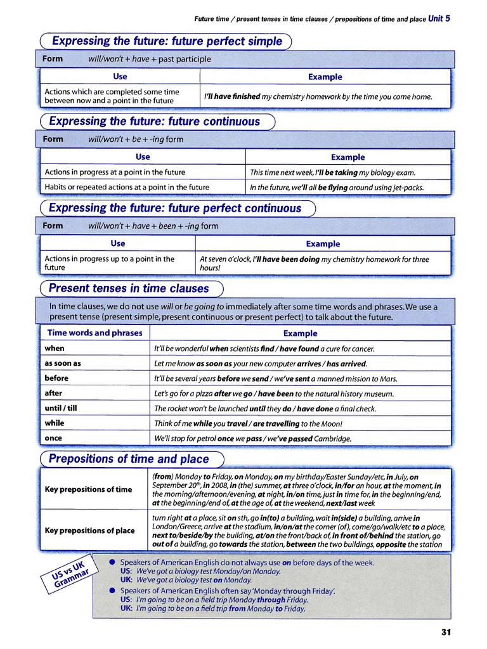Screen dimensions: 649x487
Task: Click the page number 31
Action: click(445, 632)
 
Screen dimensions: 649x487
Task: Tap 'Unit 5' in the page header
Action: click(439, 18)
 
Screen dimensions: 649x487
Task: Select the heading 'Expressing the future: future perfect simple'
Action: click(167, 41)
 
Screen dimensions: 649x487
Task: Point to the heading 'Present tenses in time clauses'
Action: click(129, 288)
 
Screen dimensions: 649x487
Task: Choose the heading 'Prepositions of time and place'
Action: click(129, 458)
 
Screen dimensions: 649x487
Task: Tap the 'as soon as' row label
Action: click(63, 363)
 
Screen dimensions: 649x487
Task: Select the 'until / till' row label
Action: click(61, 408)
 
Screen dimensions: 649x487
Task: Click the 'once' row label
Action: click(54, 438)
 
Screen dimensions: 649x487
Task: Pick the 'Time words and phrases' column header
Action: click(94, 333)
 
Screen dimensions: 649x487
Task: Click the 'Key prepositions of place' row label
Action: click(89, 530)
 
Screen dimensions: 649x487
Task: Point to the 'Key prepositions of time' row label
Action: click(88, 489)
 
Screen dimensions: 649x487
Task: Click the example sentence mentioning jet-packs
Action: click(337, 187)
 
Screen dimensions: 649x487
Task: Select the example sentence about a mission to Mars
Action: click(276, 378)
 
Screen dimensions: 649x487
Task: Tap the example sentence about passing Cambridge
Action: click(252, 438)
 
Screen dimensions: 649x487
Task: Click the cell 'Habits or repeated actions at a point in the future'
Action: click(127, 187)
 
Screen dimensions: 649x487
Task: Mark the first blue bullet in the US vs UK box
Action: click(112, 562)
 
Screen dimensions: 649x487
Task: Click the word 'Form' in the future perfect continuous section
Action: click(53, 226)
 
